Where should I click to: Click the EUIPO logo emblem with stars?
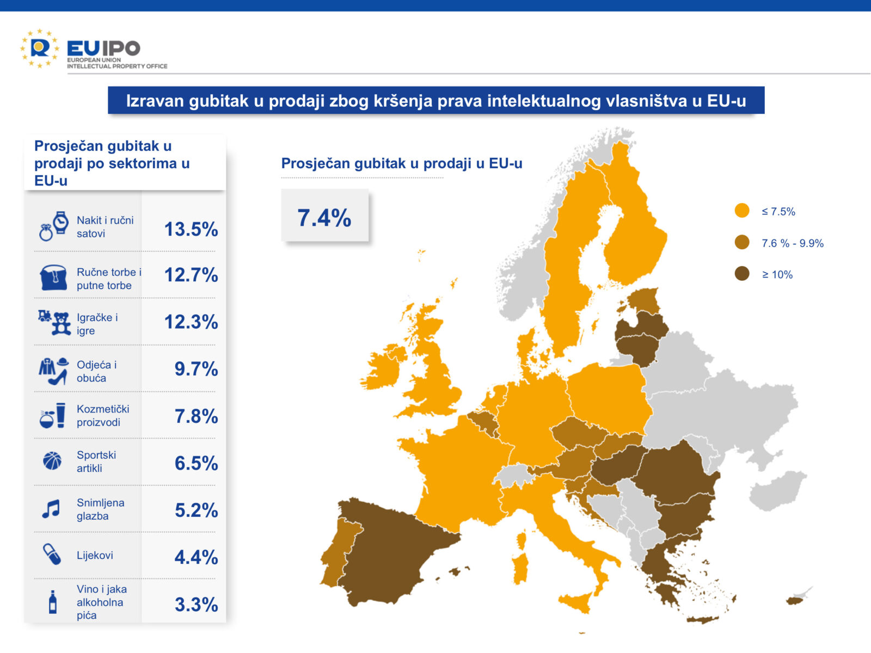39,48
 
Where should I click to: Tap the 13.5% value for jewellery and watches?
191,229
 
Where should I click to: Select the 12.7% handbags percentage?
191,275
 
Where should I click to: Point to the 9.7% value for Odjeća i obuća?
196,369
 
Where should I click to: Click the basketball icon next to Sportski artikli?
52,461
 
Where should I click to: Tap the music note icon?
51,509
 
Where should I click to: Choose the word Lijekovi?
95,555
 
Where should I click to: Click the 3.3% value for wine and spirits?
196,605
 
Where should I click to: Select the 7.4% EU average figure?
324,218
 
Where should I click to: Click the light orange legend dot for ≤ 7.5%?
742,211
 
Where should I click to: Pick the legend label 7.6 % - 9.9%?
792,243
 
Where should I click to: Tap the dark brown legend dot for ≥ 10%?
742,274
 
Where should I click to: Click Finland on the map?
634,229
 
